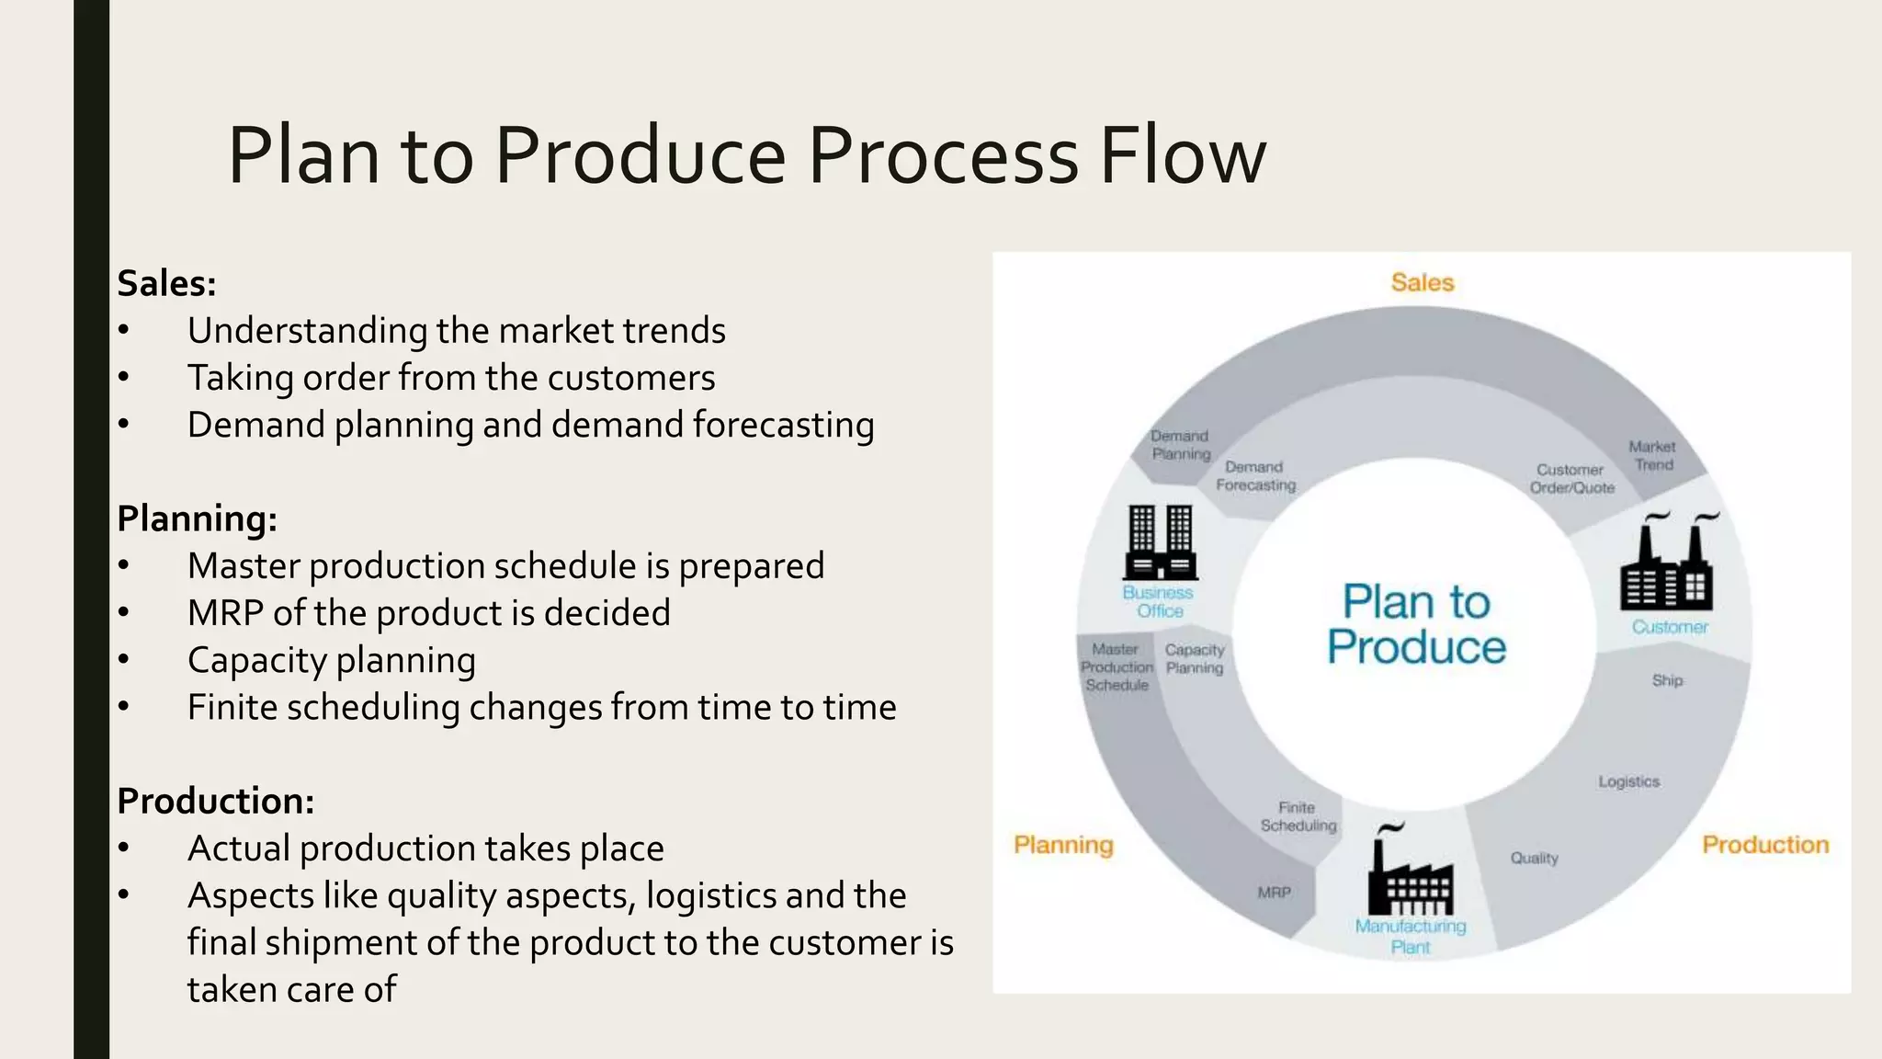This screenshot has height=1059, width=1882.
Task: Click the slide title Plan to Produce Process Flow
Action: pyautogui.click(x=746, y=155)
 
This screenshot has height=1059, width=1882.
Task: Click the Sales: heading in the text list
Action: pyautogui.click(x=166, y=283)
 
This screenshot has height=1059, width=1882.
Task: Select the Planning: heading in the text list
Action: pyautogui.click(x=197, y=518)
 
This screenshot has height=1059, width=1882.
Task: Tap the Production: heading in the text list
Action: pyautogui.click(x=215, y=801)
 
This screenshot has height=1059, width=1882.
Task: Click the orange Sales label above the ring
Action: pyautogui.click(x=1422, y=282)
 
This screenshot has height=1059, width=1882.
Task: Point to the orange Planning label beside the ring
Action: pyautogui.click(x=1063, y=845)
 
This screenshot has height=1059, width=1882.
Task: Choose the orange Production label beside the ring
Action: pyautogui.click(x=1764, y=845)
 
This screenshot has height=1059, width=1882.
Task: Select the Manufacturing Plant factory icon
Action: pyautogui.click(x=1411, y=873)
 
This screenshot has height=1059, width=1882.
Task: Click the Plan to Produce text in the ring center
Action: pyautogui.click(x=1416, y=624)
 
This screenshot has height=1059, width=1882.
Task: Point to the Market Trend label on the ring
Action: pyautogui.click(x=1652, y=456)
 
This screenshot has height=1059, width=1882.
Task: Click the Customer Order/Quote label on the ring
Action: pyautogui.click(x=1571, y=479)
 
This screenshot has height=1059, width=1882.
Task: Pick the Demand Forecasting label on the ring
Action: pyautogui.click(x=1255, y=476)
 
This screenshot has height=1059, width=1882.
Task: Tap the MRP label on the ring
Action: pyautogui.click(x=1274, y=892)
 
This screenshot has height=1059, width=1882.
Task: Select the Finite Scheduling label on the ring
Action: pyautogui.click(x=1298, y=816)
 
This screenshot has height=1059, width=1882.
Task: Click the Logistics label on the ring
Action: pyautogui.click(x=1628, y=781)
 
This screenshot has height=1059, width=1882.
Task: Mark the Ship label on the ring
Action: pyautogui.click(x=1667, y=680)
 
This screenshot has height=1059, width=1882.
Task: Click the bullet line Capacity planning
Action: pyautogui.click(x=331, y=660)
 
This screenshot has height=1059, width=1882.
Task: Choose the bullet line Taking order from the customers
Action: pyautogui.click(x=450, y=378)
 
